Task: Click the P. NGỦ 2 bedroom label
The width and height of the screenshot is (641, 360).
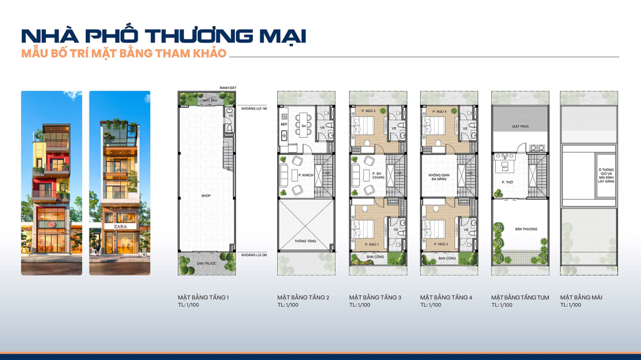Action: pos(367,111)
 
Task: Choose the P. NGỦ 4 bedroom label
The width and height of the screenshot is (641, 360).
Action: pos(438,111)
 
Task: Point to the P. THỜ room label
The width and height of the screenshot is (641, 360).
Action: pos(508,183)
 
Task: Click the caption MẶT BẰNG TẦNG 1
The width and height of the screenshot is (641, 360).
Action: pos(203,297)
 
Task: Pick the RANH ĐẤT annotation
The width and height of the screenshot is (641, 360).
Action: pos(226,87)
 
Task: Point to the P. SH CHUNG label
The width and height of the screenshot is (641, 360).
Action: pos(376,175)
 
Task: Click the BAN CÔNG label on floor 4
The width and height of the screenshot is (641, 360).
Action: pos(446,258)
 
